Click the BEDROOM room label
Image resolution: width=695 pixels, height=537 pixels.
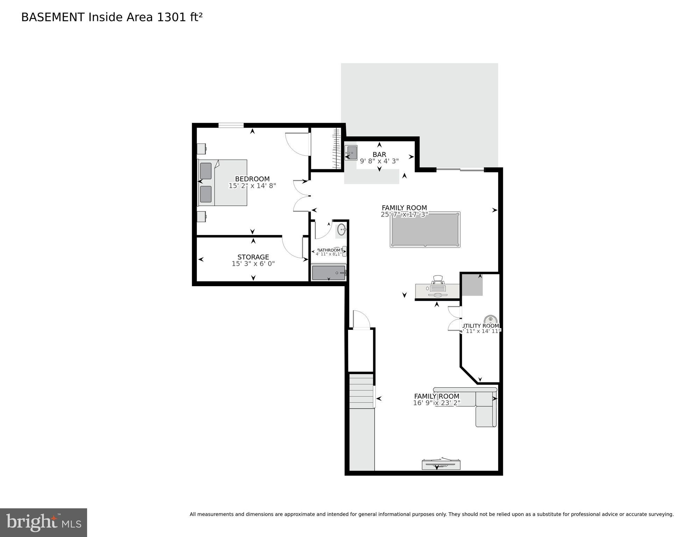(252, 179)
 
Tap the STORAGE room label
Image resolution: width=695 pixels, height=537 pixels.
(253, 257)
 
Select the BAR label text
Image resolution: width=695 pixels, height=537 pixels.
(379, 154)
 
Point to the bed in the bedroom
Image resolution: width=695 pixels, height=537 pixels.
(223, 183)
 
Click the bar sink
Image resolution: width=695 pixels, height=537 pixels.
(351, 153)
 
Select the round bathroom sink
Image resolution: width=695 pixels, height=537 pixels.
(341, 230)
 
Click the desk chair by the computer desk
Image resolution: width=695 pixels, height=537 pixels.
(438, 280)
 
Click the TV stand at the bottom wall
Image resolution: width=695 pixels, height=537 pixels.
(441, 465)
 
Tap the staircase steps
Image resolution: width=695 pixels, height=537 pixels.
(362, 391)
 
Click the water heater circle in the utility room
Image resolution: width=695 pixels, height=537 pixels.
(490, 319)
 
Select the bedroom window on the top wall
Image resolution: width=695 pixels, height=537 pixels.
(231, 125)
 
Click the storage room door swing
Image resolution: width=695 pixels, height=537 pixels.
(293, 247)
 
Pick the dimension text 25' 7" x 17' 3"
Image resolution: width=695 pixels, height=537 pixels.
(404, 214)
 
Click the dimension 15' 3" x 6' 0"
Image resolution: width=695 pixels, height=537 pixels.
(253, 264)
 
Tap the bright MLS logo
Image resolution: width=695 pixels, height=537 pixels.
(43, 522)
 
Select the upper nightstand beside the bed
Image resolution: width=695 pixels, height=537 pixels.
(201, 149)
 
